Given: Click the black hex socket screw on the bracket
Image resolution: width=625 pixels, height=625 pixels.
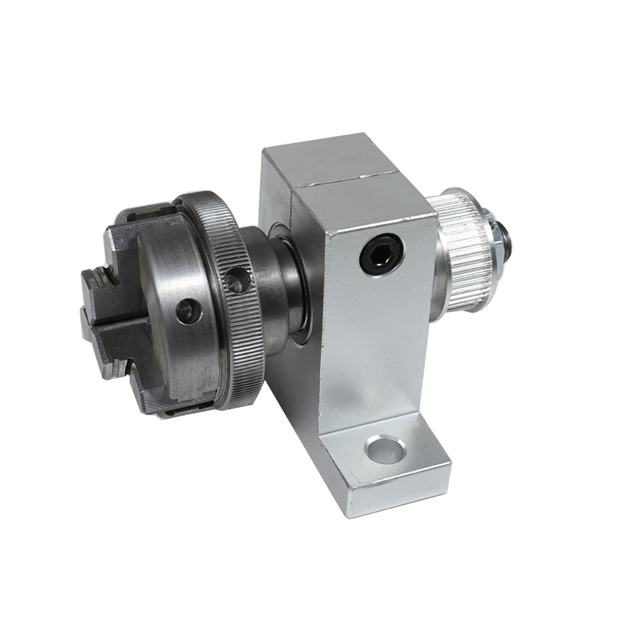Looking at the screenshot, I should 382,255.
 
